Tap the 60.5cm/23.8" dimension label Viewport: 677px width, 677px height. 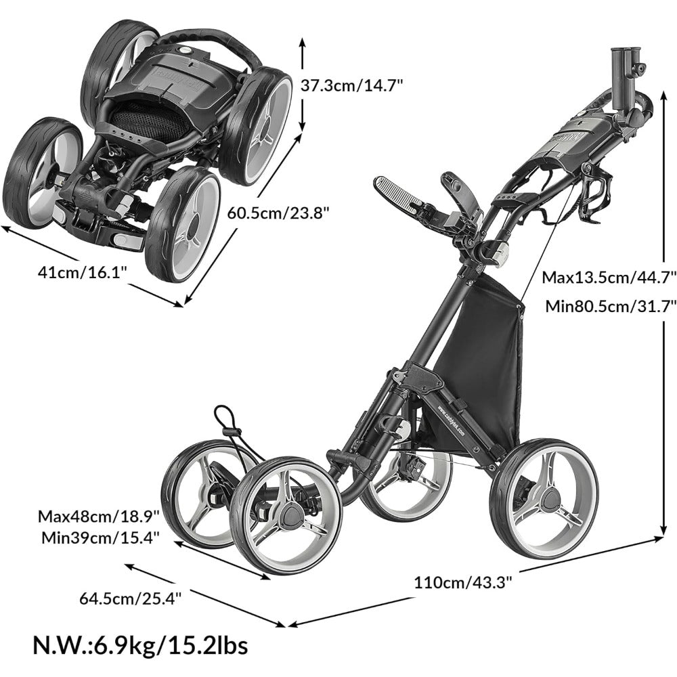click(x=278, y=213)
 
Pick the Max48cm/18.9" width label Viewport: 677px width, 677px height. click(x=99, y=517)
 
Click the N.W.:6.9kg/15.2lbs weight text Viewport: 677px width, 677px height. click(x=140, y=645)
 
